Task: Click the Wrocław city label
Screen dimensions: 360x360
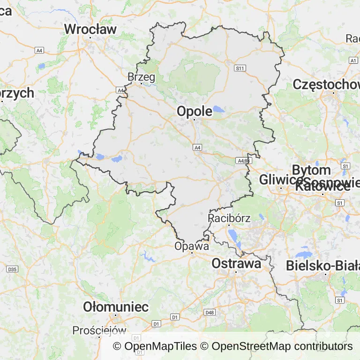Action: (x=90, y=29)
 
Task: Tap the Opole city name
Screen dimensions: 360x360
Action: (x=194, y=111)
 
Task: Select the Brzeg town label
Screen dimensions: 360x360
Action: (x=141, y=76)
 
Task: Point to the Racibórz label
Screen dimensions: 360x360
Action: (x=229, y=218)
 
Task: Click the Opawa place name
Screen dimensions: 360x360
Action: (x=191, y=246)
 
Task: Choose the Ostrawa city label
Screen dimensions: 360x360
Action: (x=236, y=263)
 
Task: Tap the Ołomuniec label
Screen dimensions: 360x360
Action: (x=116, y=307)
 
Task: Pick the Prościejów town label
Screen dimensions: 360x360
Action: (x=99, y=330)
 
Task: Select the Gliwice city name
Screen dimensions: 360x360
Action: (x=280, y=180)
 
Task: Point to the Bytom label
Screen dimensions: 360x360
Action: (x=311, y=170)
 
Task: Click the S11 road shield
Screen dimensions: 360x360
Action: (x=240, y=68)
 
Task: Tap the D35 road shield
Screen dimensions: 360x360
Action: (x=12, y=269)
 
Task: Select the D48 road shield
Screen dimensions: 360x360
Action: (x=210, y=312)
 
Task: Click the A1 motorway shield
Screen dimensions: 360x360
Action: (x=353, y=60)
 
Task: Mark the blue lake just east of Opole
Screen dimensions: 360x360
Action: (x=219, y=110)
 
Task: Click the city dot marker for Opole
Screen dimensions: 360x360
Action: (x=194, y=120)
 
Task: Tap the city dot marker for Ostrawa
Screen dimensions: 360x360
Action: (x=236, y=272)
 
